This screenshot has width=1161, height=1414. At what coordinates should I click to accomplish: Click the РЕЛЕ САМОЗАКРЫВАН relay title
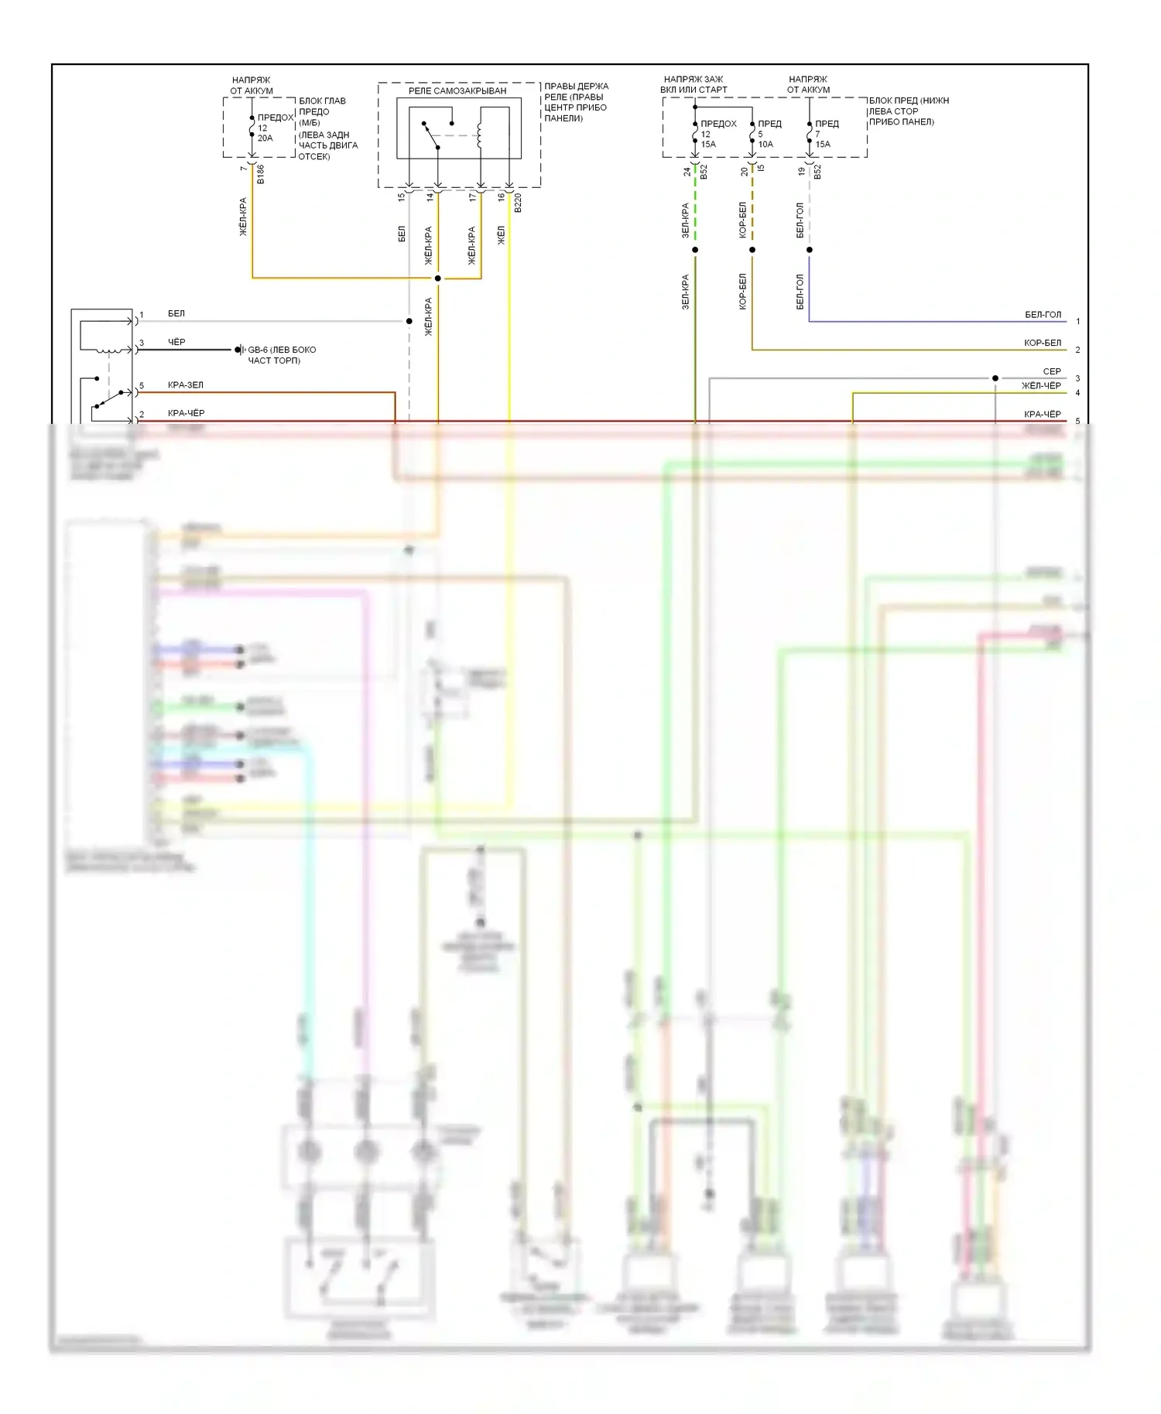point(457,91)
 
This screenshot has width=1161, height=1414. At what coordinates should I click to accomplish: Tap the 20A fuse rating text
point(265,138)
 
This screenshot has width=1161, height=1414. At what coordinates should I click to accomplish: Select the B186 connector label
point(261,174)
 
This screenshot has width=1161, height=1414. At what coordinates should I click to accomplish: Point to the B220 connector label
point(518,203)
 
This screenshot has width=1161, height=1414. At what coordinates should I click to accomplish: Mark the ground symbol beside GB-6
point(240,350)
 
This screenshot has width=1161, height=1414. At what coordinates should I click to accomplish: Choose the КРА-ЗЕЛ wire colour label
point(186,385)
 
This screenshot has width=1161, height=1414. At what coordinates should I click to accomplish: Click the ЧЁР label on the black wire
point(176,342)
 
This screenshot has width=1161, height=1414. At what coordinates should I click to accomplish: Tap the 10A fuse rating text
point(765,145)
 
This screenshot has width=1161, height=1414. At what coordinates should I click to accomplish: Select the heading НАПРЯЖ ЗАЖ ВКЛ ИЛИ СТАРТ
point(694,84)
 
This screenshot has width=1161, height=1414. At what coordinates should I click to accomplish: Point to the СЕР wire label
point(1051,371)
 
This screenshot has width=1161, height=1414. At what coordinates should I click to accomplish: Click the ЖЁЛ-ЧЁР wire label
point(1041,385)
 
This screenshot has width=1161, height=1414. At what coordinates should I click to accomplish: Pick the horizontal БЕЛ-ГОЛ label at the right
point(1043,315)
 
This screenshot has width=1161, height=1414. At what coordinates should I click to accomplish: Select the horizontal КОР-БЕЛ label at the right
point(1043,343)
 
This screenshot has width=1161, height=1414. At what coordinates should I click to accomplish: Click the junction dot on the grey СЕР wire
point(995,378)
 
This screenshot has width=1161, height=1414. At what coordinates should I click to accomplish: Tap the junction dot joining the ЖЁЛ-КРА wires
point(437,278)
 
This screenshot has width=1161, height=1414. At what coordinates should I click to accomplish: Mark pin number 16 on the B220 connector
point(501,197)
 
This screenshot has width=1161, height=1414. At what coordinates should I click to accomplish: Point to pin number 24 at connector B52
point(687,172)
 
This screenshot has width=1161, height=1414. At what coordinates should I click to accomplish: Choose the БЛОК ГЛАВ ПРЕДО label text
point(322,106)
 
